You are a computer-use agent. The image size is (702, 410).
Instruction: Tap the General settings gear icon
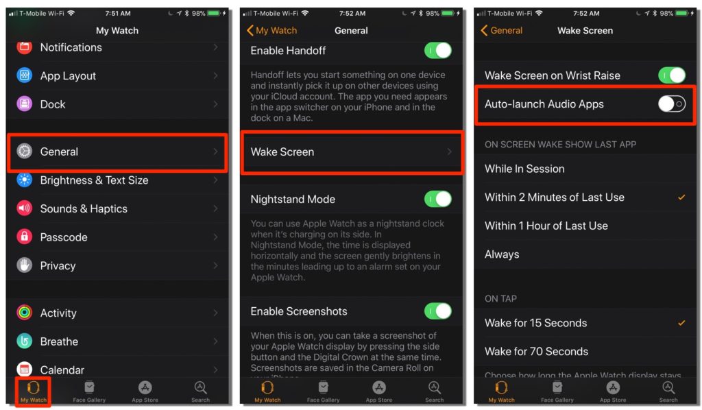(25, 152)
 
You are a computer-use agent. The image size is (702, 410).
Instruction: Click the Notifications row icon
(25, 47)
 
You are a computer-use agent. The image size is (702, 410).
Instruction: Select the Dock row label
(53, 104)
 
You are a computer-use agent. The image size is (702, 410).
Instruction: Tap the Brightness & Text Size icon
(25, 180)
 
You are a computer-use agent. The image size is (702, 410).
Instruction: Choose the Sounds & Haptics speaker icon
(25, 208)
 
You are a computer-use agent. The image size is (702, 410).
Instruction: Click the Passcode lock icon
(25, 237)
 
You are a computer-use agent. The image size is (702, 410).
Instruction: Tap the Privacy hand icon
(25, 265)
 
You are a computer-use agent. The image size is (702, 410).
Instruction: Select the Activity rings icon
(25, 313)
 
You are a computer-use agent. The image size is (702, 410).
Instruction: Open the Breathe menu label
(59, 341)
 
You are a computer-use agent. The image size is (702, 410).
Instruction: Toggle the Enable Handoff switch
(438, 51)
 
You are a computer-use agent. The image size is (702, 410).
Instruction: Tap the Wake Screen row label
(282, 152)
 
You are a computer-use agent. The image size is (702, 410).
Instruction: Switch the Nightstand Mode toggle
(438, 199)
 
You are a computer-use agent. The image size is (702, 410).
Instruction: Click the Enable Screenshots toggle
(438, 311)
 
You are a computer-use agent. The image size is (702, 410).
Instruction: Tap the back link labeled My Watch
(272, 30)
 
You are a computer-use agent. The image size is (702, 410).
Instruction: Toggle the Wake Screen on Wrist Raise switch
(672, 75)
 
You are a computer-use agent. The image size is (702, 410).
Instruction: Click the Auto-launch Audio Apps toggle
(672, 104)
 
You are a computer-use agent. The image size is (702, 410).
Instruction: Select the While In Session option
(524, 169)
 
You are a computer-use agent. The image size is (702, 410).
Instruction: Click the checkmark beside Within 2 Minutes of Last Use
(681, 197)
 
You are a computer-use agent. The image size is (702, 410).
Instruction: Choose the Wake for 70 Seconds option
(536, 351)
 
